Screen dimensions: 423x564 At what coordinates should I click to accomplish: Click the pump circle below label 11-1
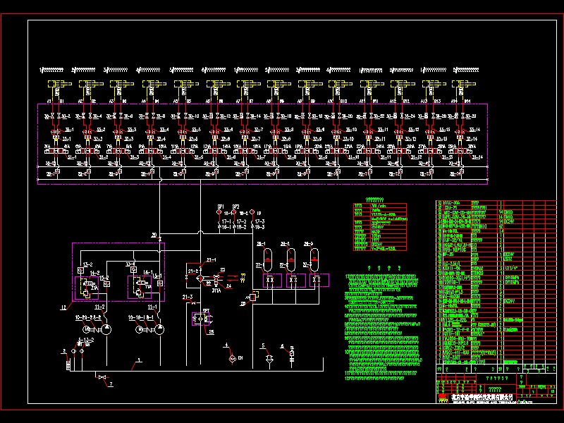click(x=159, y=329)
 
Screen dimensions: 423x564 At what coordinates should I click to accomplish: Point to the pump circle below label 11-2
click(x=105, y=329)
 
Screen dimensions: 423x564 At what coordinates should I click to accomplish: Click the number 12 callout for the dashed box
click(x=63, y=308)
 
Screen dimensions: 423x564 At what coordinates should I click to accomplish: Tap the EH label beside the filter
click(x=240, y=359)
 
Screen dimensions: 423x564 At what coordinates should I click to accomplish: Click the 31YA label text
click(x=216, y=290)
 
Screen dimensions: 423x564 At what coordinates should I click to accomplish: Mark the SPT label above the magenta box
click(x=206, y=310)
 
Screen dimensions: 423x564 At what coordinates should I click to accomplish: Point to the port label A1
click(x=49, y=102)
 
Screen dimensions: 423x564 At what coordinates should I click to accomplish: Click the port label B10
click(x=343, y=102)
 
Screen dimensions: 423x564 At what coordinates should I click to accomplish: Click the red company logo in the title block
click(x=443, y=398)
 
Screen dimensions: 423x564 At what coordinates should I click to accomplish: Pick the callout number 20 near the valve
click(x=154, y=234)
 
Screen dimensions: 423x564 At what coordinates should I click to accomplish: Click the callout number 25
click(x=211, y=331)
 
